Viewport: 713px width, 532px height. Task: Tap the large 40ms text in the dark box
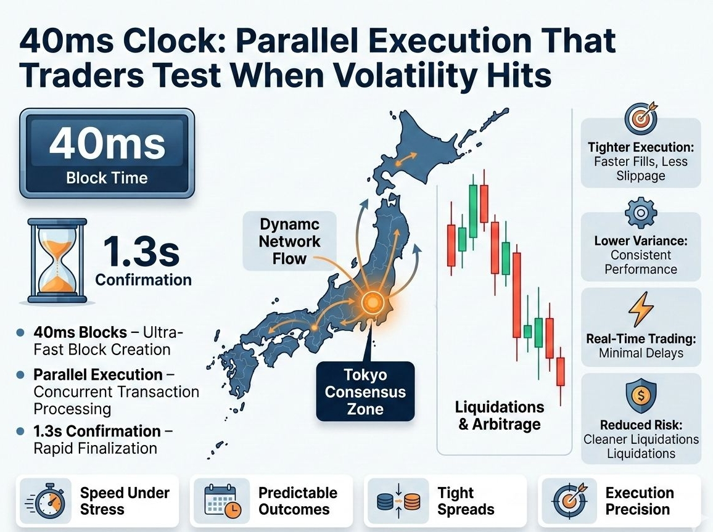pos(107,144)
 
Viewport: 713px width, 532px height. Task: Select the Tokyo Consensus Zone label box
pos(365,391)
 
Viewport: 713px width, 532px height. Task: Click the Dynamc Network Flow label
pos(289,241)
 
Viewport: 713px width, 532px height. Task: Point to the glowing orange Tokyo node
pos(372,301)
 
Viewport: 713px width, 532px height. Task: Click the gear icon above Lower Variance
pos(640,213)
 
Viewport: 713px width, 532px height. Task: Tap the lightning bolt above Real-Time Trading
pos(641,309)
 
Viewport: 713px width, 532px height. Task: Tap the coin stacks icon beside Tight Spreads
pos(399,501)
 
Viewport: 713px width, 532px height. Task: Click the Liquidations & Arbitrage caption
pos(499,415)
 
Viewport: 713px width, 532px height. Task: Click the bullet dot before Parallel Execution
pos(20,375)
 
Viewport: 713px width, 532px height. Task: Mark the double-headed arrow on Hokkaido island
pos(405,159)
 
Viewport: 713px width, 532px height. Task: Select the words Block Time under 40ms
pos(107,178)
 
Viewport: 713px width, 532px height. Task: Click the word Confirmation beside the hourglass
pos(143,280)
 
